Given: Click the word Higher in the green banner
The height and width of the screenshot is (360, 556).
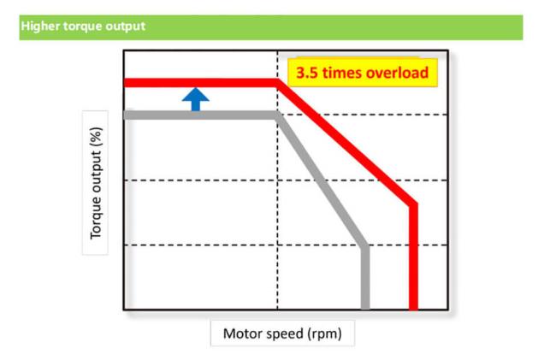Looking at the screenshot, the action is point(40,27).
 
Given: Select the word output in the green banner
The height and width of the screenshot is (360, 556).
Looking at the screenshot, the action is point(126,27).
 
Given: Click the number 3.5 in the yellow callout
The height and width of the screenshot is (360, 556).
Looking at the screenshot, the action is point(307,73).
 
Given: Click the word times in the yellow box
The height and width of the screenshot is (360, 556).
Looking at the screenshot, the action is point(342,73).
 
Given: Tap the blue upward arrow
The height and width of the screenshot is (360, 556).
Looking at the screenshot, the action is point(195,99).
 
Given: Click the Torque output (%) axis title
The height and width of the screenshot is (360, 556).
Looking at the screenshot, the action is point(96,183).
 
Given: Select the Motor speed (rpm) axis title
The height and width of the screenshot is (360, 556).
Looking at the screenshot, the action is point(282,333).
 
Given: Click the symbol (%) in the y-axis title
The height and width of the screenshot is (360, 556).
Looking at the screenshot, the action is point(96,135).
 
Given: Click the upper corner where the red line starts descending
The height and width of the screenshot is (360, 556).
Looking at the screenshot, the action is point(278,83).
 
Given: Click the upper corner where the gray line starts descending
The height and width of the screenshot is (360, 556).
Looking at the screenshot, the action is point(277,115).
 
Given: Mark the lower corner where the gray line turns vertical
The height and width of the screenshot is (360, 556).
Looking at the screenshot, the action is point(365,246).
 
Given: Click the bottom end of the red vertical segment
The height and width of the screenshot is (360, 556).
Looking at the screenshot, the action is point(413,310).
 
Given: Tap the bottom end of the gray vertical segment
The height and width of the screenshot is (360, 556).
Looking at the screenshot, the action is point(365,309).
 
